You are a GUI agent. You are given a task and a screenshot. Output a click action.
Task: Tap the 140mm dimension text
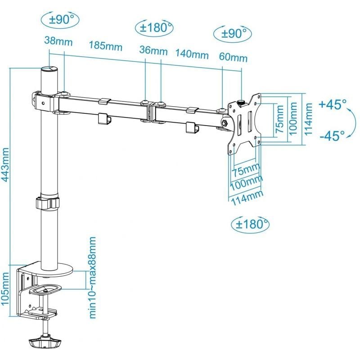point(192,54)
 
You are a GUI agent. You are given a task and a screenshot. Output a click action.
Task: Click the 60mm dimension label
point(233,58)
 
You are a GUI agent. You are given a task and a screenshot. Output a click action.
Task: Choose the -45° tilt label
point(332,135)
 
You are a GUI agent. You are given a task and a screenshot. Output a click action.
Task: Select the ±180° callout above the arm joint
point(154,27)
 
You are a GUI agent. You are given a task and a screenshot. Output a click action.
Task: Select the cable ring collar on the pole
point(48,202)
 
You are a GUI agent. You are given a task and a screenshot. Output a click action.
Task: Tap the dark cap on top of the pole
point(49,70)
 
